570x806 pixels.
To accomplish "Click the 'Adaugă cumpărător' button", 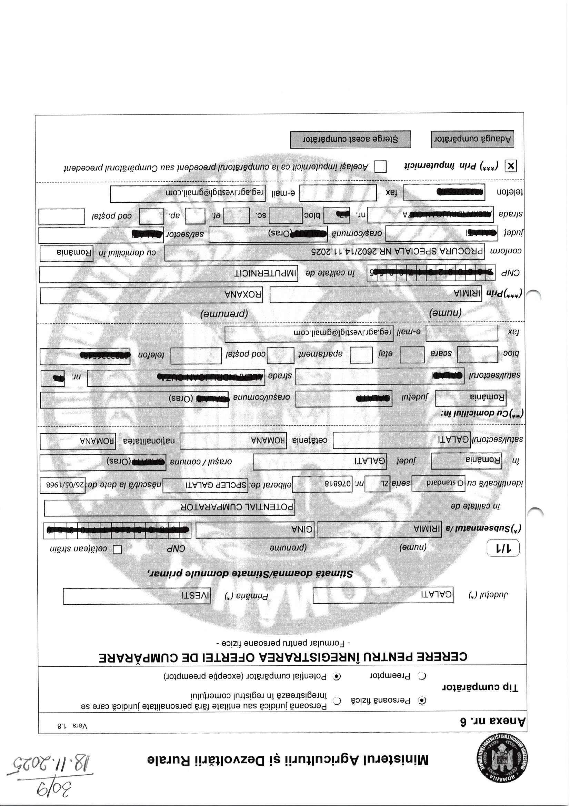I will (472, 139).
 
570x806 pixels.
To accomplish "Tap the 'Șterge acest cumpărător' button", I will (350, 139).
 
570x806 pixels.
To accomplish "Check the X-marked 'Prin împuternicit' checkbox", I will (510, 166).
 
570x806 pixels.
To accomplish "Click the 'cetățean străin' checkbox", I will (117, 550).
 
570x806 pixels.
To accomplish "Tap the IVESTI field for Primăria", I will (137, 596).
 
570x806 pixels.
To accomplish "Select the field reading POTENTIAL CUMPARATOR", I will (169, 507).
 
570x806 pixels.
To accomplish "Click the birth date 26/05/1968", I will (63, 485).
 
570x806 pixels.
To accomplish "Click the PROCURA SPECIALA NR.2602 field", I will (324, 252).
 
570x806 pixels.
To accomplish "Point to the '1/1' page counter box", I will (503, 549).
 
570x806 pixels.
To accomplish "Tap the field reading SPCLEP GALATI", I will (205, 485).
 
